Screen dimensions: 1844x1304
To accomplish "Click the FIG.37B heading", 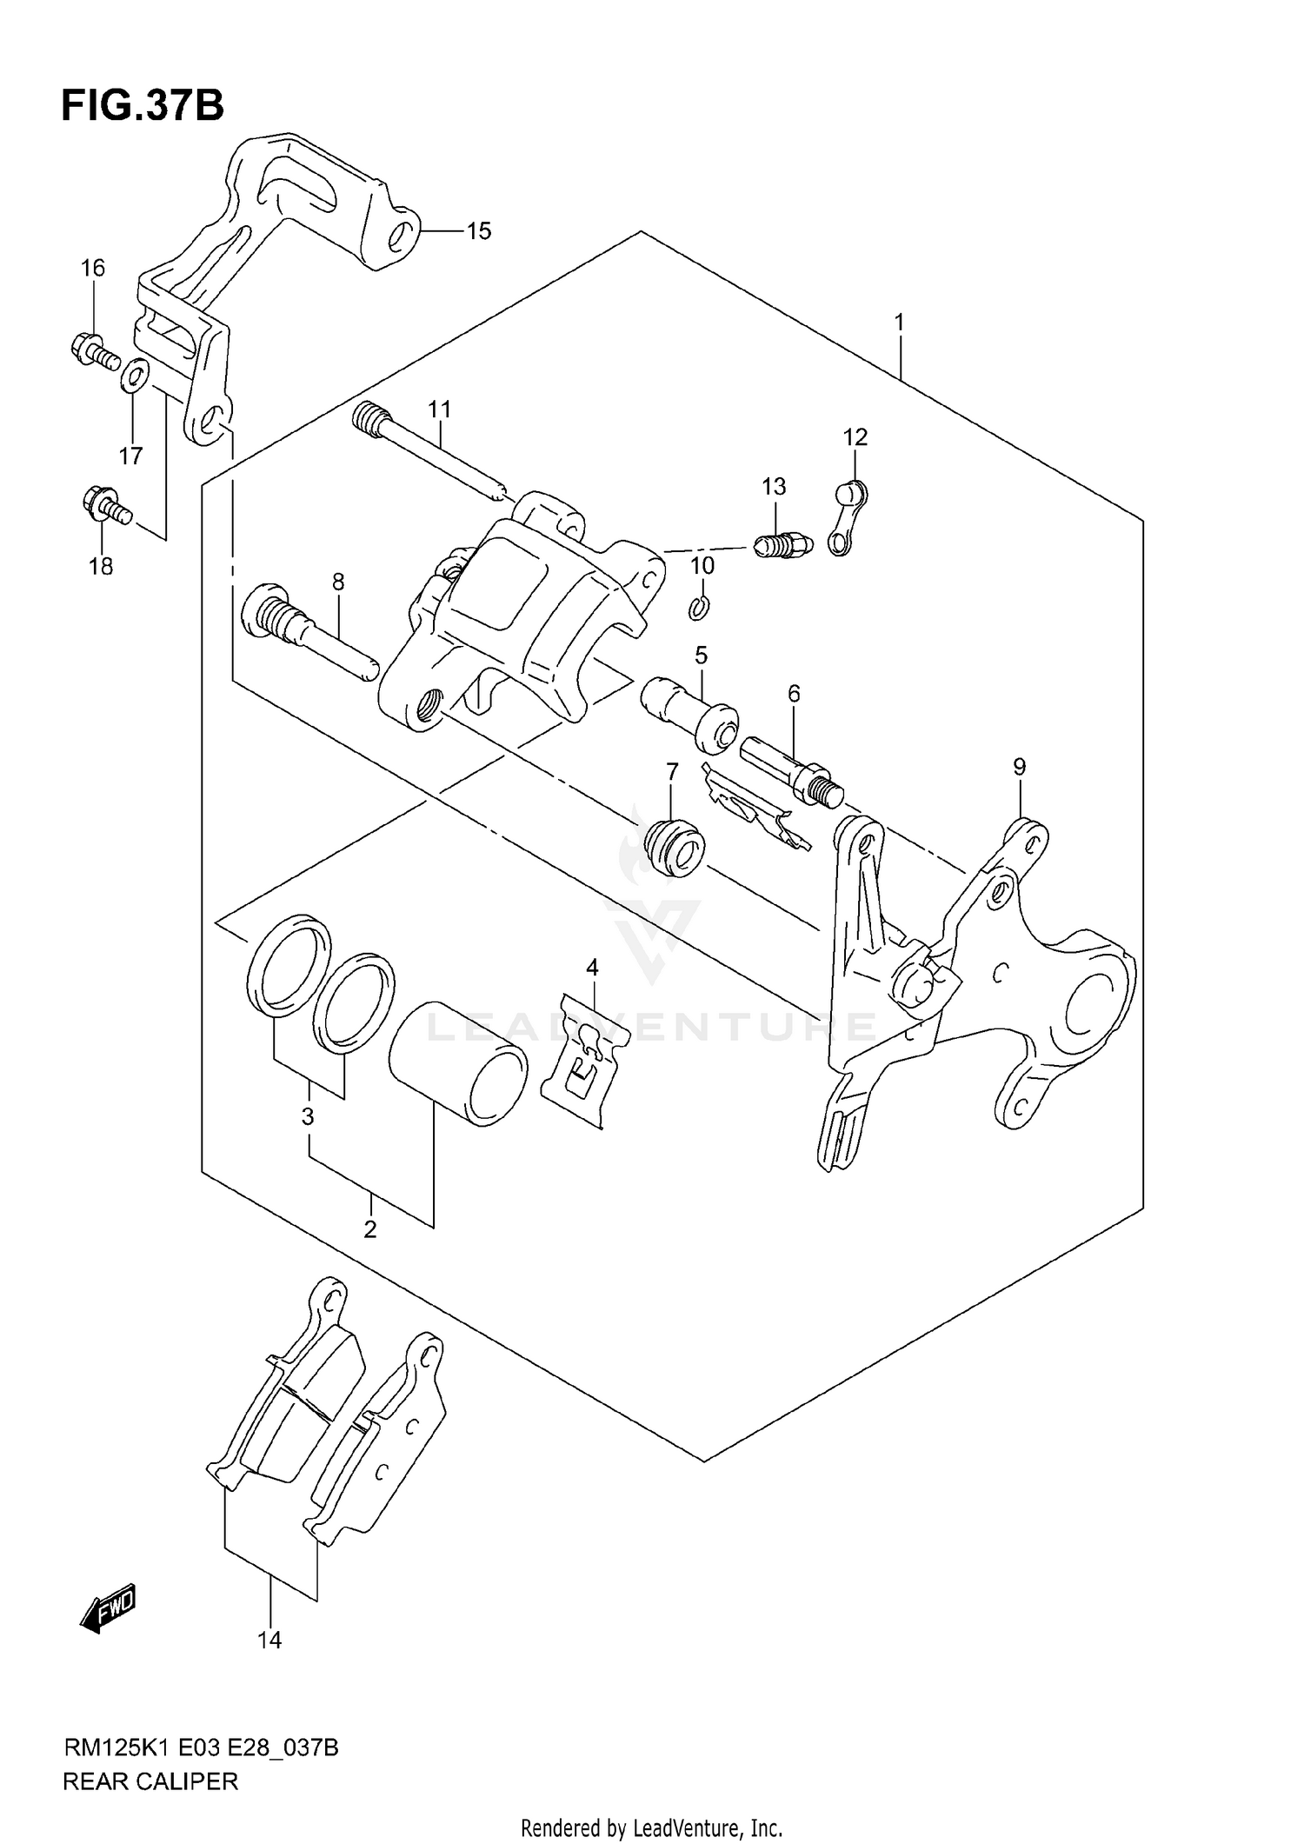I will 143,106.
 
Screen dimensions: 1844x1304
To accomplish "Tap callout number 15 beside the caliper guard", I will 478,231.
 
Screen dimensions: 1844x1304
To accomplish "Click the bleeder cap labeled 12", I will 844,519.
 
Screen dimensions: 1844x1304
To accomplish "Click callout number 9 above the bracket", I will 1019,767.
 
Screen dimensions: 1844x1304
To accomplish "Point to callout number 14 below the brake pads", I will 269,1640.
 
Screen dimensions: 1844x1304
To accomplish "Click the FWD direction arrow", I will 109,1607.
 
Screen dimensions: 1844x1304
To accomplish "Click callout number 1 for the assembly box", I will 900,323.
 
